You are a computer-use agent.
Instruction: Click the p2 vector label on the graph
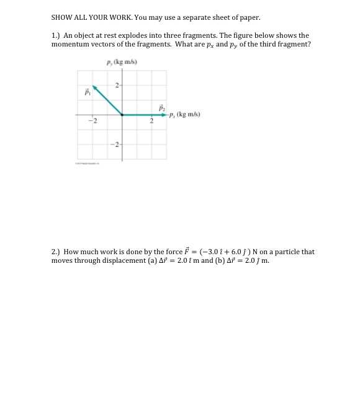pos(161,107)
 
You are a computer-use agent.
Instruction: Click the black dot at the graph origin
pos(122,115)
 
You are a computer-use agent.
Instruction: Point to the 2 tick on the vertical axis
pos(117,85)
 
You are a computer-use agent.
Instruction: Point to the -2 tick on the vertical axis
pos(115,144)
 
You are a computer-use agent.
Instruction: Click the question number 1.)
pos(56,36)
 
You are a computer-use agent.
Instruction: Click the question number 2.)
pos(56,252)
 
